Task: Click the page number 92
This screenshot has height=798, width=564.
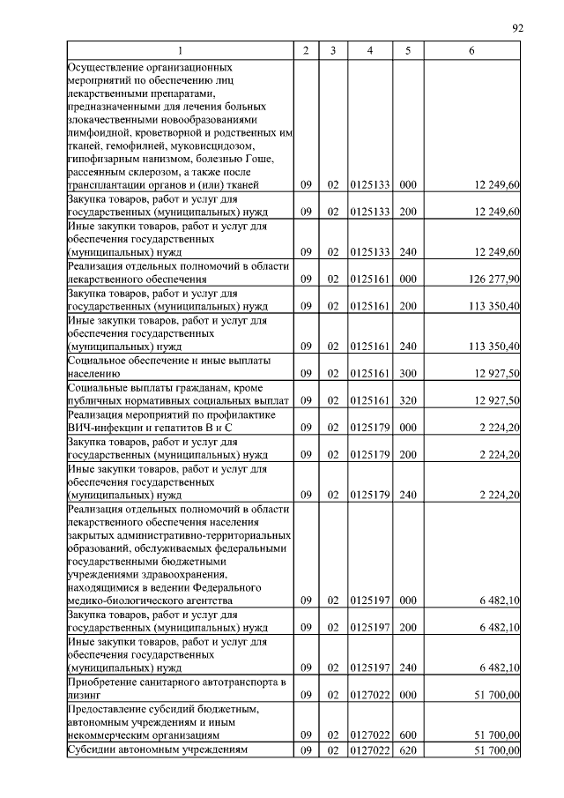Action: click(x=517, y=28)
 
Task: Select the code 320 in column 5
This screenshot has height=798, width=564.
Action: click(x=407, y=400)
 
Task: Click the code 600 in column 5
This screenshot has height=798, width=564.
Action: click(x=407, y=734)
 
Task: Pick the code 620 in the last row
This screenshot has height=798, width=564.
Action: click(x=407, y=750)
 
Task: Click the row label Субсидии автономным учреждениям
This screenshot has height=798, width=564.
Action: click(x=158, y=750)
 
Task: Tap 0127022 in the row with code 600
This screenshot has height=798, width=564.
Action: click(x=369, y=734)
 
